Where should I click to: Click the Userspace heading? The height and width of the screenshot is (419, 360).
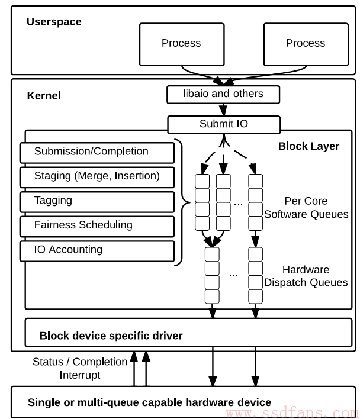click(54, 22)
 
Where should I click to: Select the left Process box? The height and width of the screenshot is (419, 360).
click(182, 44)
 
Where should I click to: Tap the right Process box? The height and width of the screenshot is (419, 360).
click(306, 44)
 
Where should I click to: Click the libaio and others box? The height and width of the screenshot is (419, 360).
click(223, 95)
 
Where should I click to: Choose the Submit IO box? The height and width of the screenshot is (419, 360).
click(224, 124)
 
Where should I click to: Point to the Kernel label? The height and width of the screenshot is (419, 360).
click(44, 96)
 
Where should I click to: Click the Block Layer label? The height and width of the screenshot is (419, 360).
click(308, 146)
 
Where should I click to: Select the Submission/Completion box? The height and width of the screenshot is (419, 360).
click(97, 153)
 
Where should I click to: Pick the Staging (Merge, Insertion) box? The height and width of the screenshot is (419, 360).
click(97, 178)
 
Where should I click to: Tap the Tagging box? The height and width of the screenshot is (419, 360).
click(97, 202)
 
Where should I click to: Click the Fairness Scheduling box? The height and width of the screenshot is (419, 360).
click(97, 227)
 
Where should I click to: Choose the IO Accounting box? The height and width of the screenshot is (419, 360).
click(97, 251)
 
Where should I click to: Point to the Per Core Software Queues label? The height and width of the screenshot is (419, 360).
click(306, 208)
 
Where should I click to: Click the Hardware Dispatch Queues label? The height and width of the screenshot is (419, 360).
click(306, 276)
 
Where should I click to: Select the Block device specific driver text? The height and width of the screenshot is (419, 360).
click(111, 336)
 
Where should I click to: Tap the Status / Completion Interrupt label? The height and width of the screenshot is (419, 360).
click(80, 368)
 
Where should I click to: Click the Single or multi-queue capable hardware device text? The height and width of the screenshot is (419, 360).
click(149, 402)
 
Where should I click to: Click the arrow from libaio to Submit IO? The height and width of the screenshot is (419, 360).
click(223, 110)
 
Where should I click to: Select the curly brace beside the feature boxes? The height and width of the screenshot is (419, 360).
click(183, 202)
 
